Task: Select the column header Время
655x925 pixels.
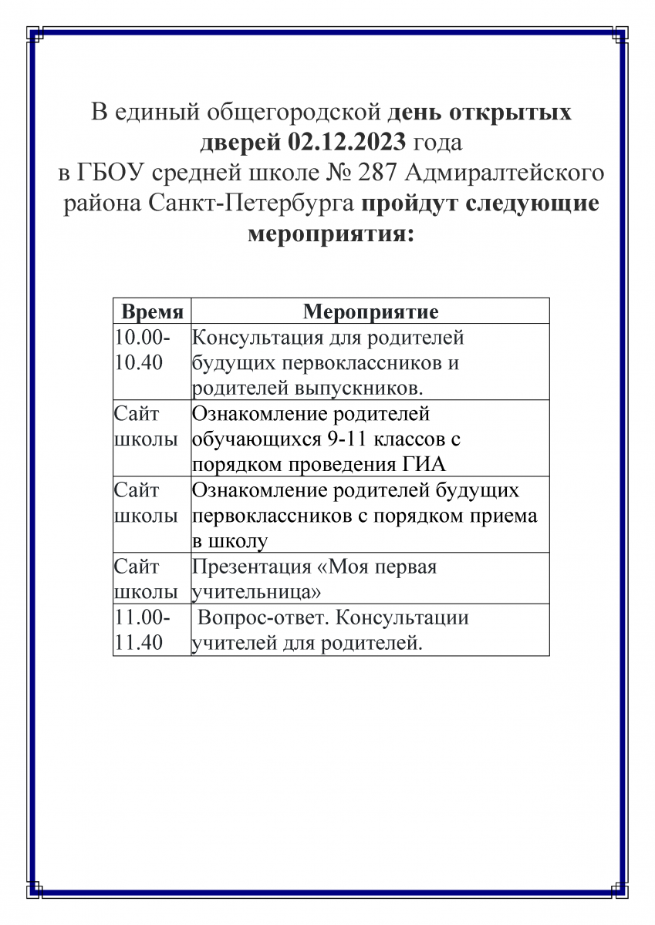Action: [152, 312]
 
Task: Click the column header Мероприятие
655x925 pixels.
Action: [370, 312]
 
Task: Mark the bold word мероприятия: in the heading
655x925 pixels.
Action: [330, 234]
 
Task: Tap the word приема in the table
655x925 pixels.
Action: [502, 515]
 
